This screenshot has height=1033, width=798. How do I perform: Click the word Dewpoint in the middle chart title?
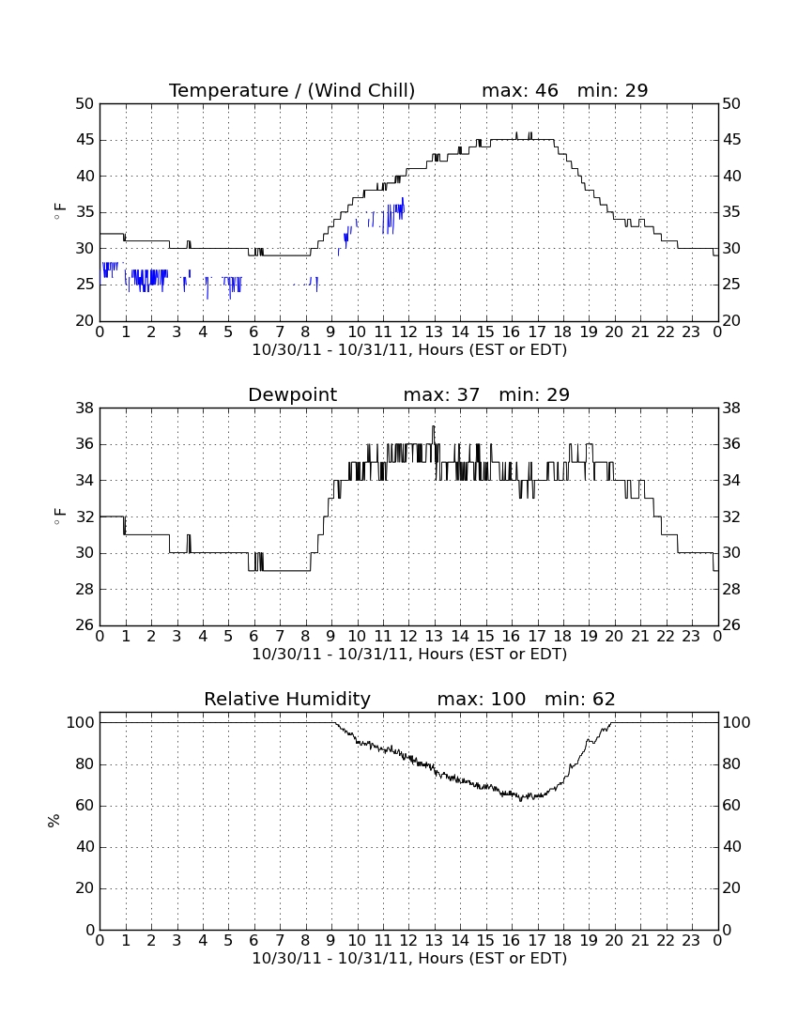[x=292, y=395]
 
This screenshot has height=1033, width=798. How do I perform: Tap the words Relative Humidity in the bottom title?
[x=287, y=699]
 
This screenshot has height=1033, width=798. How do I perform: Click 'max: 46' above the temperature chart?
[x=520, y=90]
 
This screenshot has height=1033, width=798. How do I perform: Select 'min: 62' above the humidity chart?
[x=579, y=699]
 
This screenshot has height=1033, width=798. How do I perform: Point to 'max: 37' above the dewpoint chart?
[x=441, y=394]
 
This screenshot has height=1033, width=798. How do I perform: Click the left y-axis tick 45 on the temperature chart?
[x=84, y=140]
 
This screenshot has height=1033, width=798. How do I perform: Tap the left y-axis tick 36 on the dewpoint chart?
[x=84, y=444]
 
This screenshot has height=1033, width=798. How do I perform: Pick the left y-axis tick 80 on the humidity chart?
[x=85, y=764]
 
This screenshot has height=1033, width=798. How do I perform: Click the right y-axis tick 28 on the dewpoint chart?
[x=731, y=589]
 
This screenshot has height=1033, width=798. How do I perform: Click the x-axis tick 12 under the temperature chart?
[x=408, y=331]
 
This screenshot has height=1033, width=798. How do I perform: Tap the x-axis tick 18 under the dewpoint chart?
[x=563, y=636]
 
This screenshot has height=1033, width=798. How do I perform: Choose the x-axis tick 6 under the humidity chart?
[x=254, y=940]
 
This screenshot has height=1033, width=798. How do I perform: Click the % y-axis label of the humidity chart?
[x=54, y=820]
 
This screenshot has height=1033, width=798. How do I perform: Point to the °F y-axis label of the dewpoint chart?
[x=59, y=516]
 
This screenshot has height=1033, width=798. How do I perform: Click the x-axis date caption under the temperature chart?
[x=409, y=350]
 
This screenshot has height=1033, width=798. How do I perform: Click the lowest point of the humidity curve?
[x=521, y=800]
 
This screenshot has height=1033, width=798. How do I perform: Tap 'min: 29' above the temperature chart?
[x=612, y=90]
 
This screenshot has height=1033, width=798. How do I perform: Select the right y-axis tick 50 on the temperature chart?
[x=731, y=103]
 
